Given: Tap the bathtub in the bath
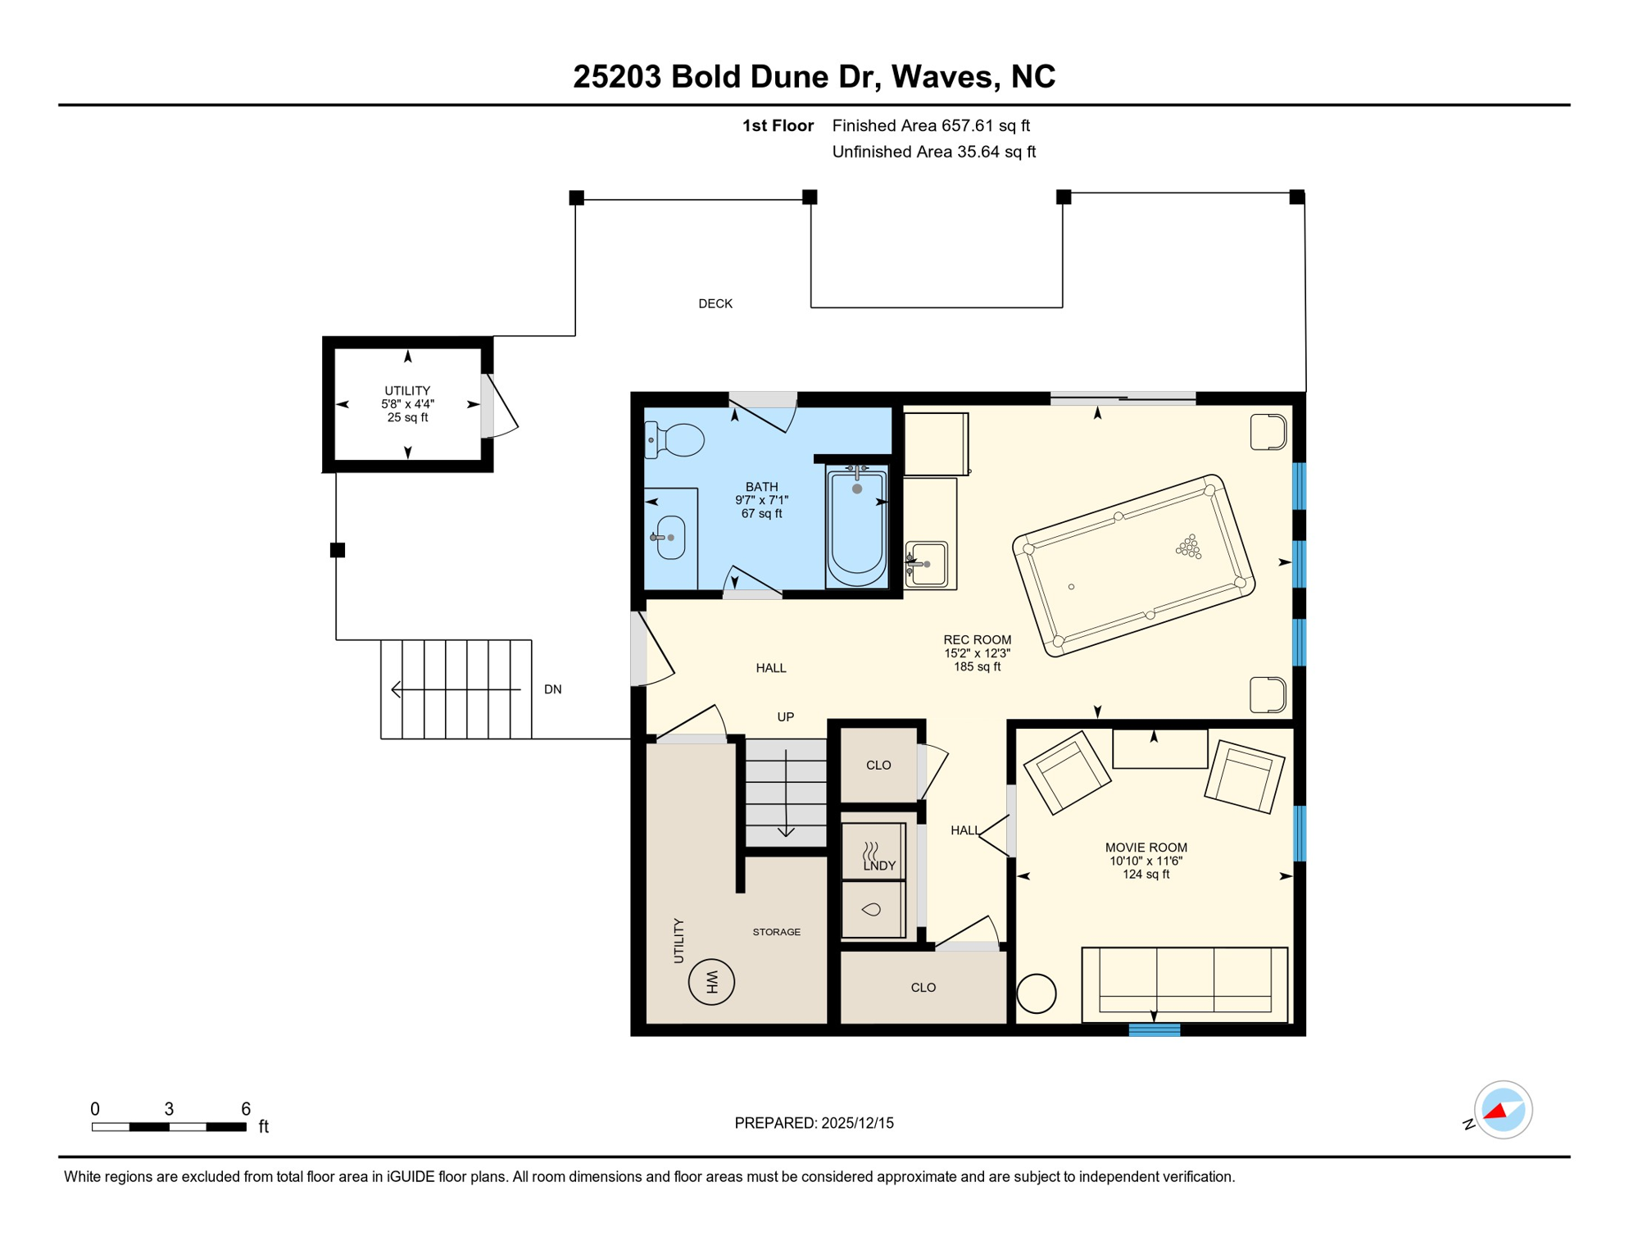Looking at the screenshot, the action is tap(857, 526).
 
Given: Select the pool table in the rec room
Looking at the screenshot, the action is tap(1134, 566).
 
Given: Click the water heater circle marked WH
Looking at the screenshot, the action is tap(711, 982).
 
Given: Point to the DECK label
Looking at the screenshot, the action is tap(715, 304).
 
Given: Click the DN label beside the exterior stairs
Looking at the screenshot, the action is tap(553, 689).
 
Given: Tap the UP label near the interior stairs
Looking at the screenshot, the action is tap(786, 717).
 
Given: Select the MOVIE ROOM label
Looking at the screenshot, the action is tap(1146, 848).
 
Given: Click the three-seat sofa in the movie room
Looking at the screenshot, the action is tap(1185, 984).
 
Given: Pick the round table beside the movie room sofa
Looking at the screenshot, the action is tap(1037, 994).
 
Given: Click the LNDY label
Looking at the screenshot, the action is tap(879, 866).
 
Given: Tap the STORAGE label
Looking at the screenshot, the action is tap(777, 932).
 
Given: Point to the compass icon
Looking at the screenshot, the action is tap(1503, 1110).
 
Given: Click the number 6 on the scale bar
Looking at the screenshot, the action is tap(246, 1109).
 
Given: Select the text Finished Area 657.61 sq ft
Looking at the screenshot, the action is tap(931, 125).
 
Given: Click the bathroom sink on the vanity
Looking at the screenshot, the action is tap(671, 538).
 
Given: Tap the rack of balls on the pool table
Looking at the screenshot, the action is tap(1189, 547).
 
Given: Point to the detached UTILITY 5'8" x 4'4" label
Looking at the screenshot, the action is tap(407, 404).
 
